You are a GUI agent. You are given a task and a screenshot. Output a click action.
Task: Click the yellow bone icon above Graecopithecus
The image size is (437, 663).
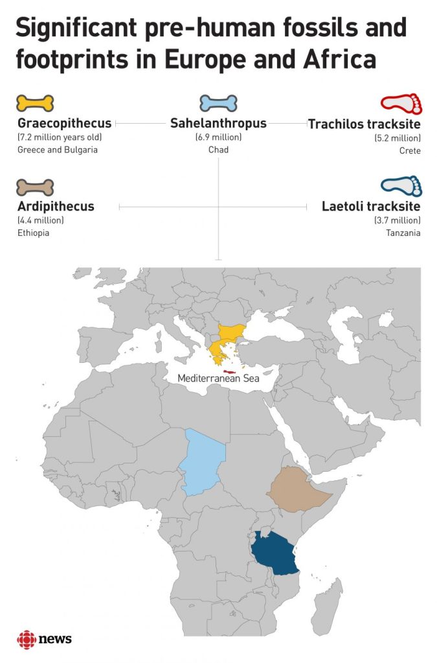pyautogui.click(x=35, y=103)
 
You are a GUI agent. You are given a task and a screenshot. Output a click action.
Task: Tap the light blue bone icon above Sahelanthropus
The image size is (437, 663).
pyautogui.click(x=218, y=103)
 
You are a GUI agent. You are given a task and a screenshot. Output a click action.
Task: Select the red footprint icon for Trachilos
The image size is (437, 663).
pyautogui.click(x=401, y=104)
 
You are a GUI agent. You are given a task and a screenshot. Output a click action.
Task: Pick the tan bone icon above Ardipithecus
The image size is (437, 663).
pyautogui.click(x=35, y=188)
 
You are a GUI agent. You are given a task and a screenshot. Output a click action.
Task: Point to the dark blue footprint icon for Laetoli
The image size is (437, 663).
pyautogui.click(x=401, y=186)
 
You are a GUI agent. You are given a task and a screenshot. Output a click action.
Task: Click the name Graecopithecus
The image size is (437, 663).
pyautogui.click(x=64, y=122)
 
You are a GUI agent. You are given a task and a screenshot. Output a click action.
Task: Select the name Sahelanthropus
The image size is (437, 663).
pyautogui.click(x=218, y=122)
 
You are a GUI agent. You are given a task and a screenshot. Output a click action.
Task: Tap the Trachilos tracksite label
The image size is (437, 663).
pyautogui.click(x=364, y=123)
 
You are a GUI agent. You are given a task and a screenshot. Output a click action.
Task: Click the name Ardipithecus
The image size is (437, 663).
pyautogui.click(x=56, y=207)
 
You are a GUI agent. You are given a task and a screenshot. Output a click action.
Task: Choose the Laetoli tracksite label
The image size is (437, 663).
pyautogui.click(x=371, y=207)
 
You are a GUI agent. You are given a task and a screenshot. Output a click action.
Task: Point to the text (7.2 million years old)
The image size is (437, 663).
pyautogui.click(x=60, y=137)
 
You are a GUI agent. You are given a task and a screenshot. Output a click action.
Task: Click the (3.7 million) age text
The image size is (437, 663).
pyautogui.click(x=398, y=221)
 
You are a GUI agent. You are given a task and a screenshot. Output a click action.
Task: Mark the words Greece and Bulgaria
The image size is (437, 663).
pyautogui.click(x=57, y=150)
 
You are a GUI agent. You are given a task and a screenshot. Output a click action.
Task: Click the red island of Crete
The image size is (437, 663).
pyautogui.click(x=228, y=363)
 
